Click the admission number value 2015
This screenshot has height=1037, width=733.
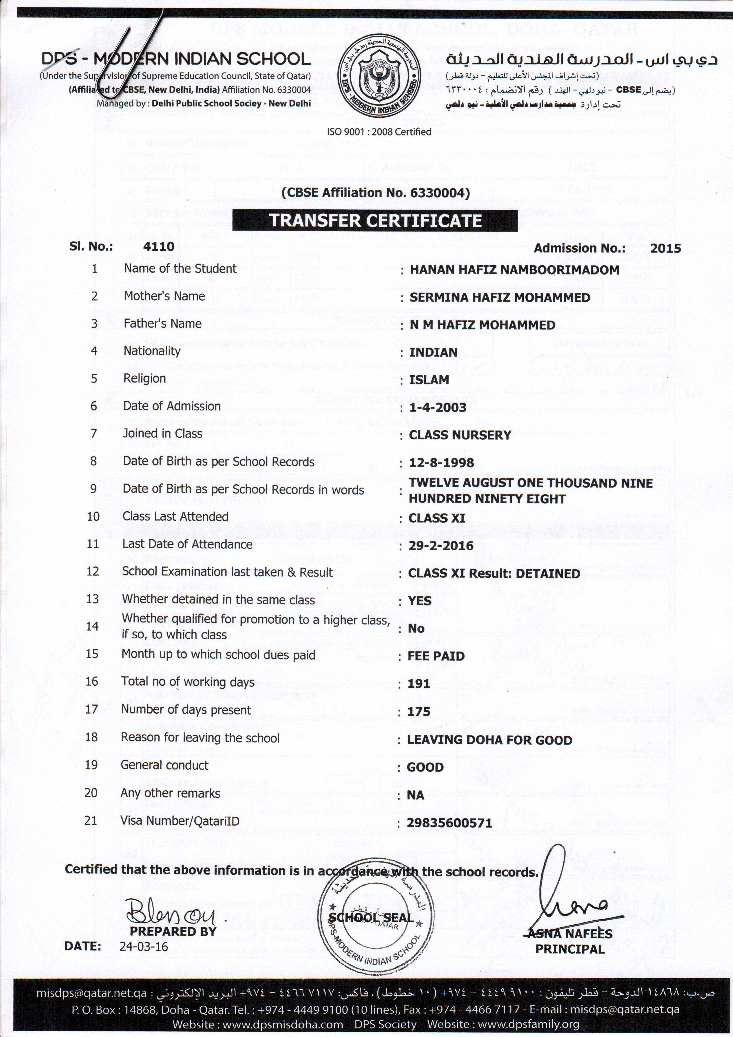(x=665, y=248)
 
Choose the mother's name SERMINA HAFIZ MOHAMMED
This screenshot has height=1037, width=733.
(x=500, y=298)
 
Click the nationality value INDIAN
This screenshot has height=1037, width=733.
(x=433, y=352)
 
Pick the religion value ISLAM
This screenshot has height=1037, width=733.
(x=429, y=380)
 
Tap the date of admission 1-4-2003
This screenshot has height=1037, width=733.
(x=437, y=407)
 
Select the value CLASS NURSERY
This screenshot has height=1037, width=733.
(x=460, y=435)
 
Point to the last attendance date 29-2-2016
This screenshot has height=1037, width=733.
(x=441, y=546)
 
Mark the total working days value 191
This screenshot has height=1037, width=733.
(x=418, y=684)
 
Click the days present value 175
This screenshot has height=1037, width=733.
(x=418, y=711)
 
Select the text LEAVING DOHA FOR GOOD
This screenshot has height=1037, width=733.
(x=489, y=740)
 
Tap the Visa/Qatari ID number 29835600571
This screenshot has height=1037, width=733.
(x=449, y=823)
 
